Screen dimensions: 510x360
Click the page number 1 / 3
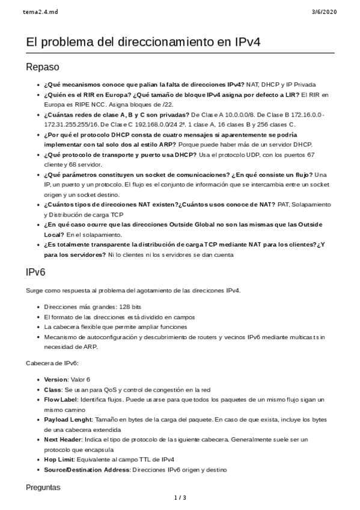(x=180, y=497)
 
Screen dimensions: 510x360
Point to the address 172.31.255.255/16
(x=72, y=124)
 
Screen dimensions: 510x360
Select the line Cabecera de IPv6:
(x=52, y=363)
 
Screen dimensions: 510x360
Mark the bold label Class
(x=53, y=389)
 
